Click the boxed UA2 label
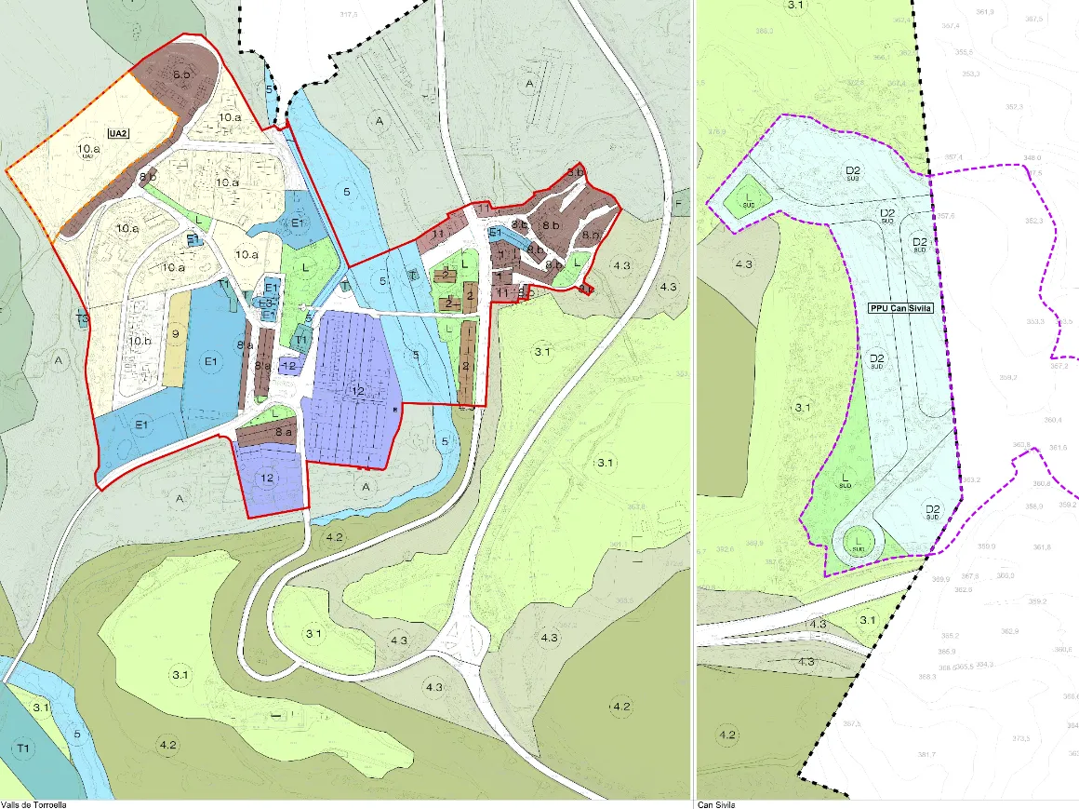pyautogui.click(x=117, y=134)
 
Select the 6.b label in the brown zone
pyautogui.click(x=180, y=74)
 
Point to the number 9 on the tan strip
pyautogui.click(x=174, y=332)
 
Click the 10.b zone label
pyautogui.click(x=140, y=341)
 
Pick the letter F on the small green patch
pyautogui.click(x=678, y=202)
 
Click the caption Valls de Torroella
pyautogui.click(x=33, y=803)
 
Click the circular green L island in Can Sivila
pyautogui.click(x=859, y=541)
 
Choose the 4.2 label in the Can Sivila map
pyautogui.click(x=727, y=735)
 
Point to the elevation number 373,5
pyautogui.click(x=1021, y=738)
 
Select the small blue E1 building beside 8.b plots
pyautogui.click(x=496, y=232)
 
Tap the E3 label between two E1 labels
pyautogui.click(x=268, y=303)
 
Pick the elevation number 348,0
pyautogui.click(x=1032, y=157)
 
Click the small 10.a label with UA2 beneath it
pyautogui.click(x=88, y=150)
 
